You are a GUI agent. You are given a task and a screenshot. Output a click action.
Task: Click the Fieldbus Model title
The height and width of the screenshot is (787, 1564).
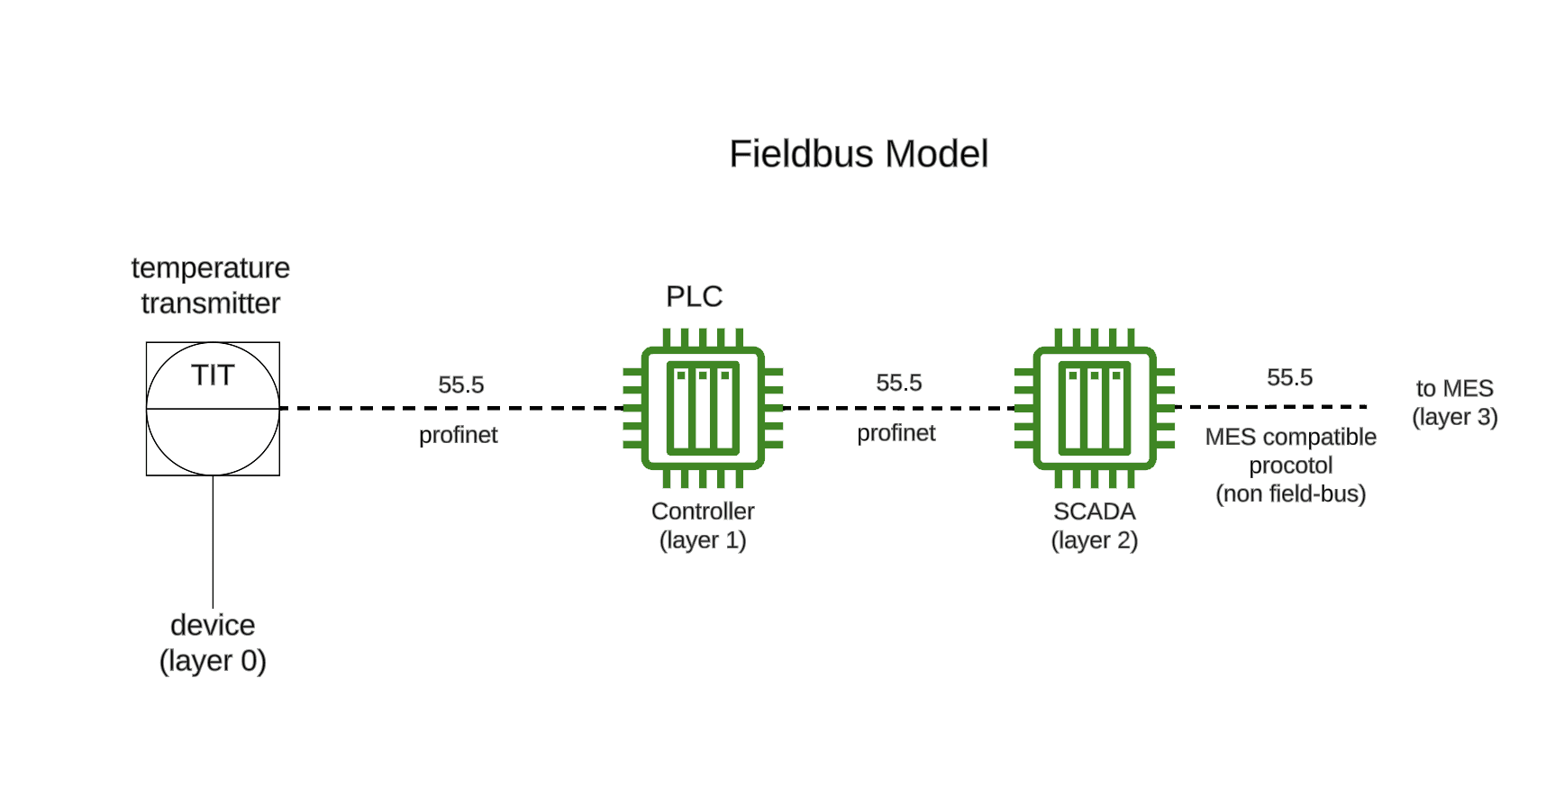(x=858, y=154)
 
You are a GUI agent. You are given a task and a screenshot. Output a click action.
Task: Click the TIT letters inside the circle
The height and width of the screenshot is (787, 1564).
(x=213, y=375)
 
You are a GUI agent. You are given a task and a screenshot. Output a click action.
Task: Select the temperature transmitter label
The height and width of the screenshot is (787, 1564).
(x=210, y=285)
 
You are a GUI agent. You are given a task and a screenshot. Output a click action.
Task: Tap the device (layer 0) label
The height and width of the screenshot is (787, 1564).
(x=213, y=643)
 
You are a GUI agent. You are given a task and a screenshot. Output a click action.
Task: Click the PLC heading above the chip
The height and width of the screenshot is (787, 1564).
(x=694, y=296)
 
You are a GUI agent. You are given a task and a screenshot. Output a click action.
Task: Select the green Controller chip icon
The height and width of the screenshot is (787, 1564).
(x=703, y=408)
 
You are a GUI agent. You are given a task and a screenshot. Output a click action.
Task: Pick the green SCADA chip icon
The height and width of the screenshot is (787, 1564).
(x=1094, y=408)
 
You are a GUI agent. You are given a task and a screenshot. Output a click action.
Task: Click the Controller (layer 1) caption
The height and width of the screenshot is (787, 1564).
(x=703, y=526)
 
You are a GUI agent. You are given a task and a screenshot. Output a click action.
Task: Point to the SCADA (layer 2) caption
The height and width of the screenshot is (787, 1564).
(x=1094, y=526)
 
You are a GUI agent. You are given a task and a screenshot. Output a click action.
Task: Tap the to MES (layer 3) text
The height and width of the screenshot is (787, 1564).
(x=1454, y=403)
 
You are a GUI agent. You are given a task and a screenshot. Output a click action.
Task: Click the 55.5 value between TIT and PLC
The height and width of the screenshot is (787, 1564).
(x=460, y=385)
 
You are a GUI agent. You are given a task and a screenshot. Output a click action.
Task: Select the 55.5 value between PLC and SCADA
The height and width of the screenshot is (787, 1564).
(x=898, y=384)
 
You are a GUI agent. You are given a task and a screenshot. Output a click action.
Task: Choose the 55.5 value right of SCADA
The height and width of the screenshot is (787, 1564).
(x=1289, y=378)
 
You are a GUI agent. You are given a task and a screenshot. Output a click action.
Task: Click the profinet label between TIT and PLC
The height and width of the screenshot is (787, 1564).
(x=458, y=435)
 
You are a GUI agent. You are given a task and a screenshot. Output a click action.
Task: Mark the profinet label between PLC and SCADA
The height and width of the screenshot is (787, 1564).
(x=896, y=433)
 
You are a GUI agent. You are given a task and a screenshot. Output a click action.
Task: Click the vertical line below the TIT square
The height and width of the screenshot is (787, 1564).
(x=213, y=540)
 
